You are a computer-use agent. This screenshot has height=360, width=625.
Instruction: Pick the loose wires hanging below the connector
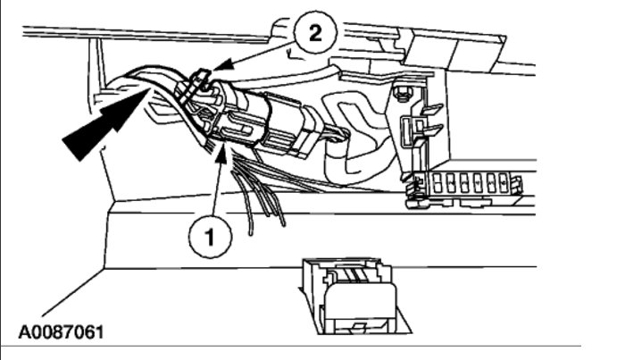pyautogui.click(x=259, y=192)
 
